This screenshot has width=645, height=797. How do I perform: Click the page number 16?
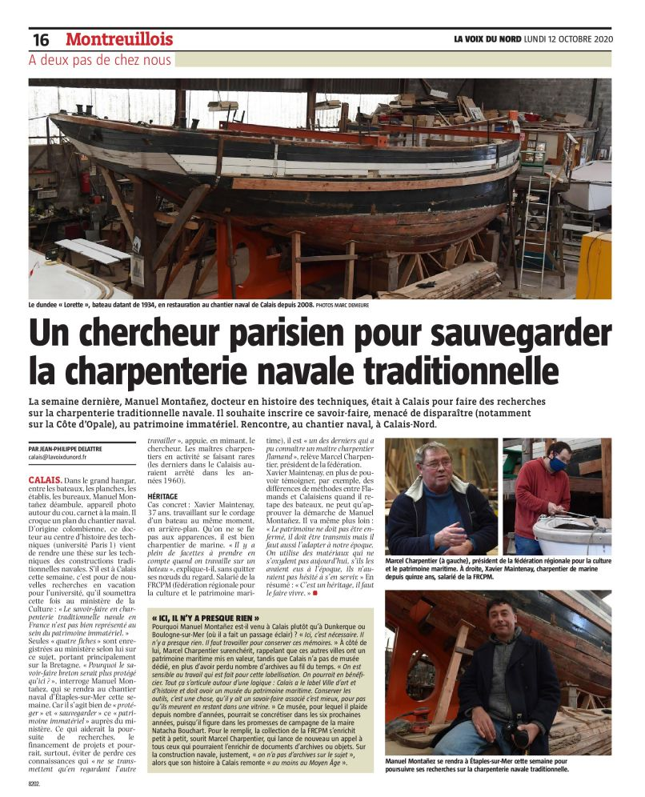[41, 39]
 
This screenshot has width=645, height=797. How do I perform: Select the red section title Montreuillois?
[119, 38]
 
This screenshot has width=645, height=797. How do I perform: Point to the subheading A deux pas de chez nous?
[100, 60]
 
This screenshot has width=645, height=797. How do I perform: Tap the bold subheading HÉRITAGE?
[162, 496]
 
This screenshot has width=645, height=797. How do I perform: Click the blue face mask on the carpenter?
[558, 464]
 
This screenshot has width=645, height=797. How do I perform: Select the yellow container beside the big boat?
[593, 265]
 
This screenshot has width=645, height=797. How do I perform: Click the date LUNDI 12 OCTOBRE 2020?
[568, 38]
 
